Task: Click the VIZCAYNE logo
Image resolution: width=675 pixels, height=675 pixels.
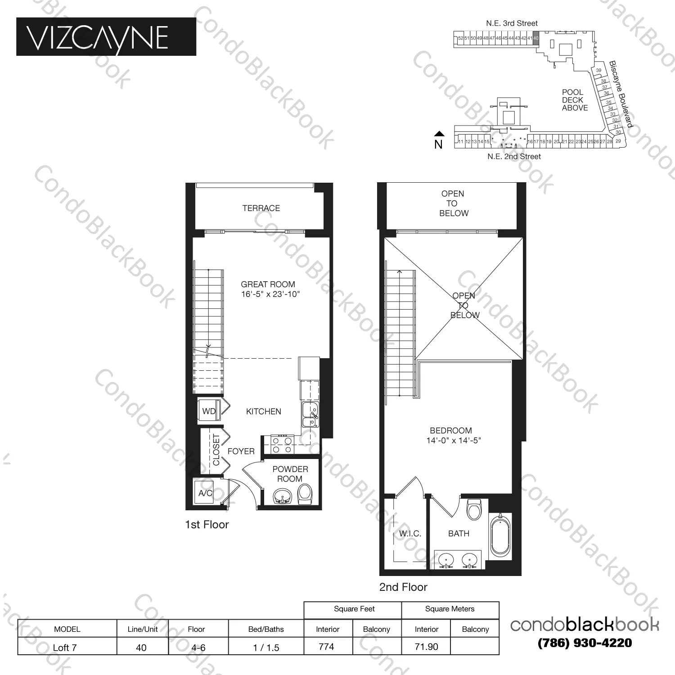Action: coord(106,37)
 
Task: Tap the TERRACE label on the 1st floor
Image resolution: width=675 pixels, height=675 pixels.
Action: coord(261,208)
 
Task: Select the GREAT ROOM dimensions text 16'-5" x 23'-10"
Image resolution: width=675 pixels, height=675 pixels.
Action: coord(270,294)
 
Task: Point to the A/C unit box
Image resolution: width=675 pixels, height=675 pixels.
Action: coord(206,493)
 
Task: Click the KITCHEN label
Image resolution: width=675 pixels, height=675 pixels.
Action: coord(263,412)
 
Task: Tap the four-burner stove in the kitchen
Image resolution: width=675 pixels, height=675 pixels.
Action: coord(282,445)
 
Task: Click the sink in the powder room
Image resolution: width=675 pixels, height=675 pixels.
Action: coord(283,497)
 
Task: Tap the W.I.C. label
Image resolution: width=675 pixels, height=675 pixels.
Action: coord(410,534)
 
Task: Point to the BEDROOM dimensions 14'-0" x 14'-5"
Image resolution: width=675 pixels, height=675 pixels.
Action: coord(453,441)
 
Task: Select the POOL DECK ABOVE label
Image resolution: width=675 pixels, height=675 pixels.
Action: coord(574,100)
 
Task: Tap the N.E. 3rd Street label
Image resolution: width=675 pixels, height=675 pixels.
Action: coord(512,23)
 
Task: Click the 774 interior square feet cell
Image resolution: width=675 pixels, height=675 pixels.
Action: coord(327,647)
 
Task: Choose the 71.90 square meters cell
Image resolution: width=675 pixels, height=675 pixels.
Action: coord(426,647)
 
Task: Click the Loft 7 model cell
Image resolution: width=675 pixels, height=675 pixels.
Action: coord(65,648)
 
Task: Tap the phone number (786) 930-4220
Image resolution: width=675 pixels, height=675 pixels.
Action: coord(585,643)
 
